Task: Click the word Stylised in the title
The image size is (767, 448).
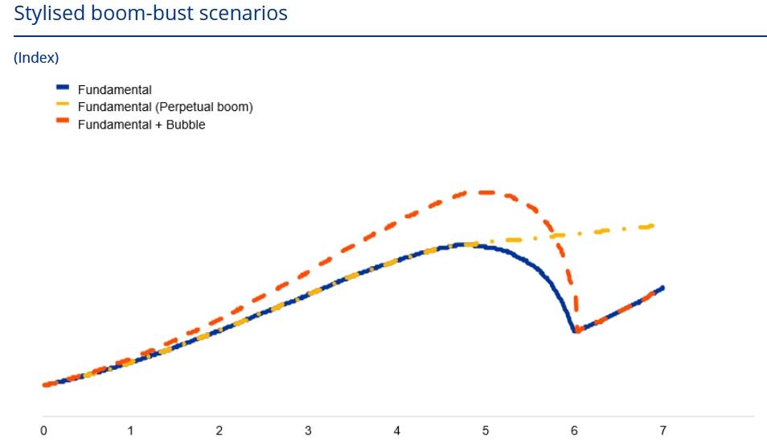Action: point(49,13)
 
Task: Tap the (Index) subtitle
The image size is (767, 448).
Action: point(36,58)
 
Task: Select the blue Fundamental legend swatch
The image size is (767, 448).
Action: point(63,87)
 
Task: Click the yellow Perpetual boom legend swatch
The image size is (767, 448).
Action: point(63,105)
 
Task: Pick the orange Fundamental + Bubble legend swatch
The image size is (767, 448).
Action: point(63,121)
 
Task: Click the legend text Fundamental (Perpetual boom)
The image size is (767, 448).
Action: point(166,107)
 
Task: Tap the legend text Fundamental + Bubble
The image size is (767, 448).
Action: point(142,125)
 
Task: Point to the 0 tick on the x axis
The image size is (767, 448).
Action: point(43,431)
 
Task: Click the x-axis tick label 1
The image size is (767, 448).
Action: point(130,431)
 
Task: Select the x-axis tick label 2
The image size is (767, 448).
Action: point(219,431)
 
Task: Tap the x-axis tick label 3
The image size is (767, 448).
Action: point(308,431)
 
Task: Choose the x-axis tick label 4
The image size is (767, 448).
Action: point(396,431)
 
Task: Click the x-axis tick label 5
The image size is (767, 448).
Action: point(486,431)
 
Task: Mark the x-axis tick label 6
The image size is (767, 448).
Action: point(574,431)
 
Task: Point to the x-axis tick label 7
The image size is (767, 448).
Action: point(662,431)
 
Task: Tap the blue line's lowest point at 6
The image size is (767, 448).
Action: point(576,331)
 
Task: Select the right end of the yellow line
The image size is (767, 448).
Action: point(652,226)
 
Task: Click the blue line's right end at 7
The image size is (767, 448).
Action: point(662,287)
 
